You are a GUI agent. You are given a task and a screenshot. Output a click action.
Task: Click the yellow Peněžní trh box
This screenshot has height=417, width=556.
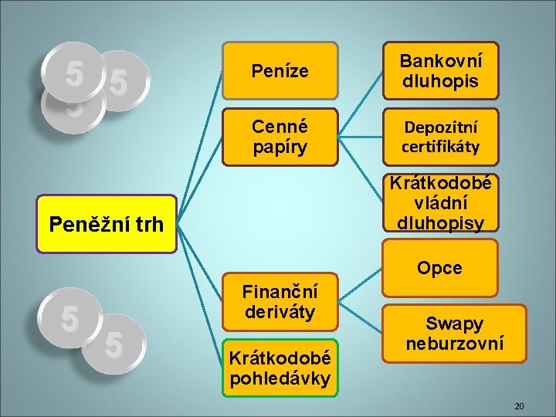click(107, 224)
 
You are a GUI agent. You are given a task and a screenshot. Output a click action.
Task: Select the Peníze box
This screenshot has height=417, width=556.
click(280, 71)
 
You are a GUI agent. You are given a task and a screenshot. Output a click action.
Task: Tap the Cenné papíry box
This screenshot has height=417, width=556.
click(280, 136)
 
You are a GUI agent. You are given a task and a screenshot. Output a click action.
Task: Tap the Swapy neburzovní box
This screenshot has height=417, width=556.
click(454, 334)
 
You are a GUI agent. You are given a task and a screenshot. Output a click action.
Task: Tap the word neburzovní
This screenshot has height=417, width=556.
click(454, 344)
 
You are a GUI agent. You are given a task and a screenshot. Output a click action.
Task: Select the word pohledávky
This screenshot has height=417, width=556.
click(280, 378)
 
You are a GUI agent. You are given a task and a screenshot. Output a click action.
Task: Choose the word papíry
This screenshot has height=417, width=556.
click(280, 146)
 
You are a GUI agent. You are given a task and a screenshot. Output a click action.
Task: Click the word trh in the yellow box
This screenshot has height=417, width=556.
click(147, 225)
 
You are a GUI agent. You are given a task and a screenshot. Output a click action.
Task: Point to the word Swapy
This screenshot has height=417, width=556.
click(454, 324)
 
